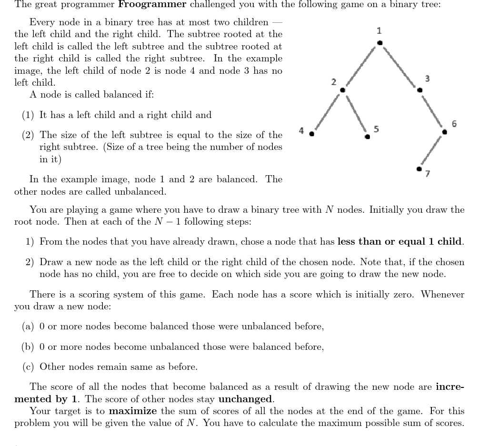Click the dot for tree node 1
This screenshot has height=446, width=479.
pyautogui.click(x=379, y=43)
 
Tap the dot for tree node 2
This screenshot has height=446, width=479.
pyautogui.click(x=342, y=90)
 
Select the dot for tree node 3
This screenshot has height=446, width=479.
pyautogui.click(x=419, y=89)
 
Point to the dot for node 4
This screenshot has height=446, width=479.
pyautogui.click(x=312, y=134)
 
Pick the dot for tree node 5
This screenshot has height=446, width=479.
pyautogui.click(x=367, y=137)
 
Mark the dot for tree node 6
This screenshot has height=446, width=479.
pyautogui.click(x=445, y=132)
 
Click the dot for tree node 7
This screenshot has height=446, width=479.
pyautogui.click(x=419, y=168)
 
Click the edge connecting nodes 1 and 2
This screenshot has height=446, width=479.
pyautogui.click(x=360, y=67)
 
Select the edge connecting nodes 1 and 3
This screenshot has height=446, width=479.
pyautogui.click(x=399, y=66)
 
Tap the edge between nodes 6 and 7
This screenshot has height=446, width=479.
pyautogui.click(x=432, y=150)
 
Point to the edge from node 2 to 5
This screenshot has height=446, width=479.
pyautogui.click(x=354, y=113)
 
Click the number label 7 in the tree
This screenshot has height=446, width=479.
pyautogui.click(x=427, y=174)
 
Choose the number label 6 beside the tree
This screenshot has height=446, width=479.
pyautogui.click(x=454, y=124)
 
